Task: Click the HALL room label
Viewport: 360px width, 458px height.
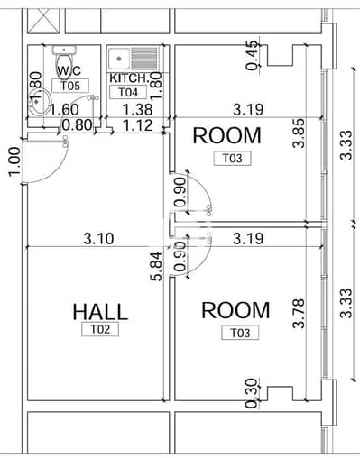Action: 100,311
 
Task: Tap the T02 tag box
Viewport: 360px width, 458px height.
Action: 100,329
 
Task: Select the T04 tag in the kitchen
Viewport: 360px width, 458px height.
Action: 128,92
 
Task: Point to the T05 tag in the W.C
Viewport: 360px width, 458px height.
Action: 70,86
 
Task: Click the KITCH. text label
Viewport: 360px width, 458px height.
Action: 129,78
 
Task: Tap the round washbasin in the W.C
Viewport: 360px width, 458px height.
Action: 39,102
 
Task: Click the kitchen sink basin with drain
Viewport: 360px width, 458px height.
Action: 119,59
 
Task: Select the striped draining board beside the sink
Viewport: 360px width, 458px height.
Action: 144,59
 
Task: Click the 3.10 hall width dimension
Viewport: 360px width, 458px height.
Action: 99,239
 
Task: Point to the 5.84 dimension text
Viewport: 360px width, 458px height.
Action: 157,266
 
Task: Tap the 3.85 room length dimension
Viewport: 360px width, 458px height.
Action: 299,133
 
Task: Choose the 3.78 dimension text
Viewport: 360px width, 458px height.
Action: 299,313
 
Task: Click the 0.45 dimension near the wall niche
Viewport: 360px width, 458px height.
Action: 252,55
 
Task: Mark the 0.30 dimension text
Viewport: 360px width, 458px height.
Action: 252,393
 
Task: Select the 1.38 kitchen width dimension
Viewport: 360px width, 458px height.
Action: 137,109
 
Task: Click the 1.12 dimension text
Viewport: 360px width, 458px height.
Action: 138,125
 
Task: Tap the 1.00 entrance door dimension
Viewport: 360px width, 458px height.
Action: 14,161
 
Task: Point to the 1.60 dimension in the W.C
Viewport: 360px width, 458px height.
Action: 64,110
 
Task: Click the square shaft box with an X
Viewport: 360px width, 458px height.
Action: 43,21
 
